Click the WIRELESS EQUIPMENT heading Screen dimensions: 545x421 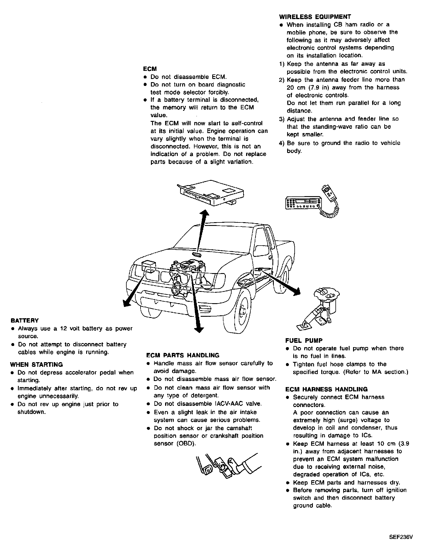pyautogui.click(x=315, y=17)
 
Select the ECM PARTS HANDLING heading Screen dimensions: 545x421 pyautogui.click(x=183, y=355)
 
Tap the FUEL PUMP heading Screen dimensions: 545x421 pyautogui.click(x=304, y=340)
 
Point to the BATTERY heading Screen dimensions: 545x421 pyautogui.click(x=25, y=321)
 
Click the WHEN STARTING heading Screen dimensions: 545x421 pyautogui.click(x=36, y=364)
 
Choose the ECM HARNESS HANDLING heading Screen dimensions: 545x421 pyautogui.click(x=326, y=389)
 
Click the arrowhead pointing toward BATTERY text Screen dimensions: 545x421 pyautogui.click(x=126, y=302)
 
